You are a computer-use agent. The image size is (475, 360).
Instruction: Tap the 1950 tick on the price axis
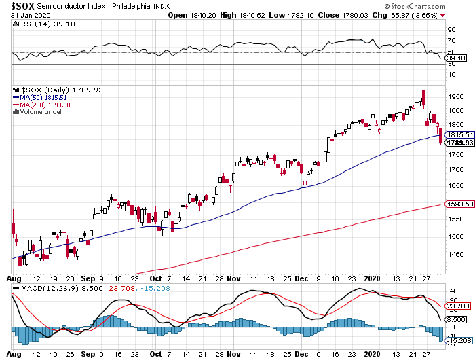click(455, 96)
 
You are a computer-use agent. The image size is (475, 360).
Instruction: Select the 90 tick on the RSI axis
click(450, 30)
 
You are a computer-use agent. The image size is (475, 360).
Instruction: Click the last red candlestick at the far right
click(441, 136)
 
